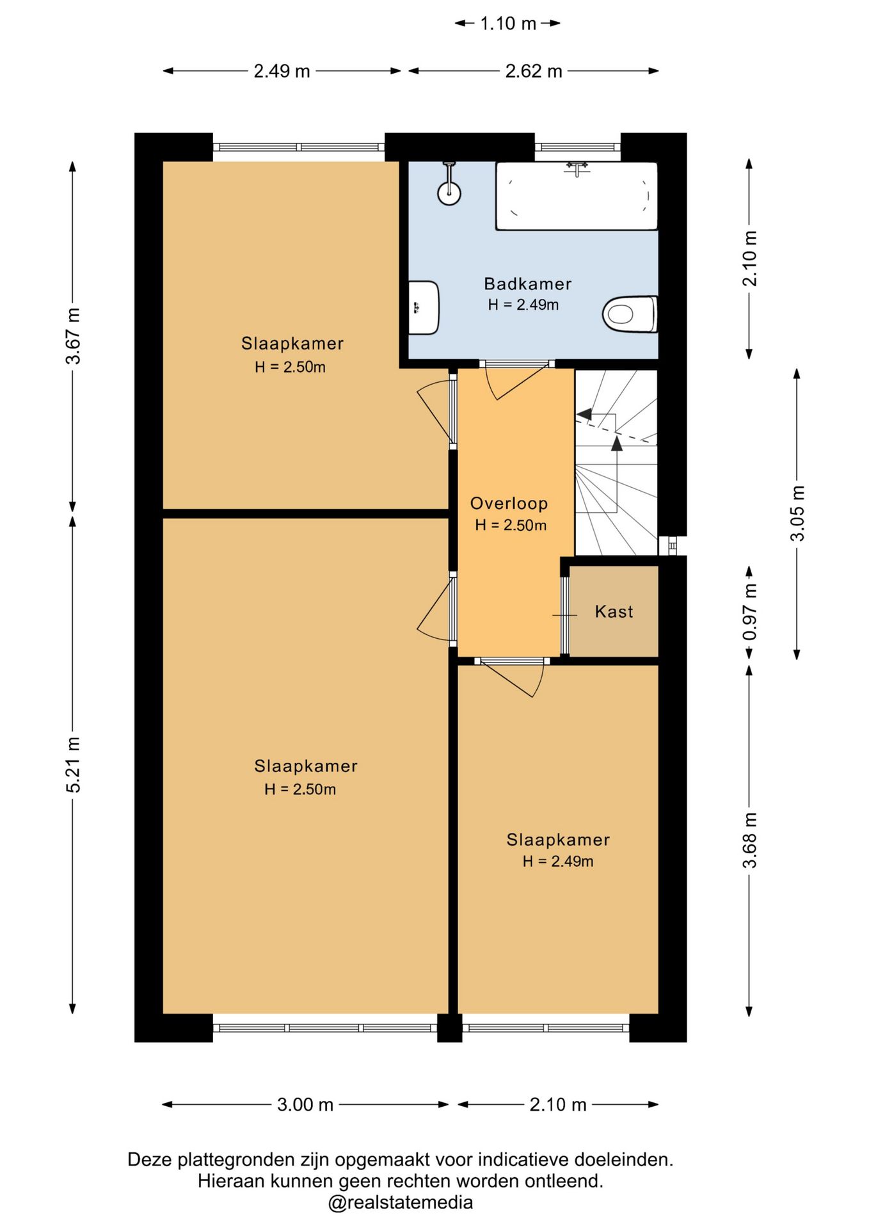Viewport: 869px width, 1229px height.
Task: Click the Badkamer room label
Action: (527, 284)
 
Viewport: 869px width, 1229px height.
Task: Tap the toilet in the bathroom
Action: (630, 314)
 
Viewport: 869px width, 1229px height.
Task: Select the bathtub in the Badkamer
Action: (577, 196)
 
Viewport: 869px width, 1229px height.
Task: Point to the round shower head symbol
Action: (449, 193)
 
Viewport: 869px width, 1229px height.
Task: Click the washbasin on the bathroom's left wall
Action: (424, 308)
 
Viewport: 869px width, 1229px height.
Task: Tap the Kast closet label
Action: (614, 612)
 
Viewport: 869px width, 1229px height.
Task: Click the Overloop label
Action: (509, 504)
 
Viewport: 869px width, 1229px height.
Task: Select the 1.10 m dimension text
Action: (508, 24)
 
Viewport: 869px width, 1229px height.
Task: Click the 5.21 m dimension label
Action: (74, 764)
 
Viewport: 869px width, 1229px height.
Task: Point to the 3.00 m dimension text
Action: (305, 1105)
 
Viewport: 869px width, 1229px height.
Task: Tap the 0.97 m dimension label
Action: (749, 612)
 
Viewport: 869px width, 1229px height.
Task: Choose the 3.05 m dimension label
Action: (797, 513)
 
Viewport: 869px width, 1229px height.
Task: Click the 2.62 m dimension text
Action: (534, 71)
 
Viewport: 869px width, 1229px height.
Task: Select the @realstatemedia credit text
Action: (401, 1202)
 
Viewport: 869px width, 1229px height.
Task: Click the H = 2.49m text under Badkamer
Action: (523, 305)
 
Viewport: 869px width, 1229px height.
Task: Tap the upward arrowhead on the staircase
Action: (617, 443)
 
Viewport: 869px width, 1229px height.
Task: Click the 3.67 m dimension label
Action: (74, 336)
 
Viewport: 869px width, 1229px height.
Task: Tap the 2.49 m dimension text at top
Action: (282, 71)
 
